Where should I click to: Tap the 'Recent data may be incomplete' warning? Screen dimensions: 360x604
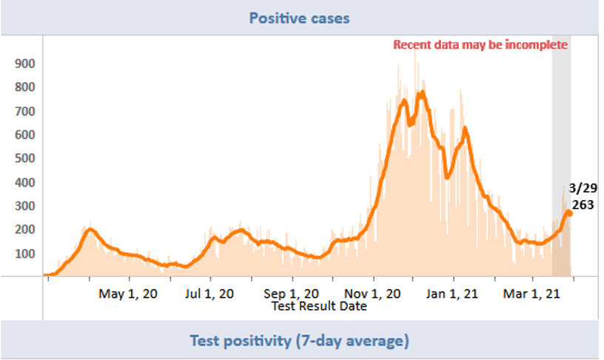click(480, 44)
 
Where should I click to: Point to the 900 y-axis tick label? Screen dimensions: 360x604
click(24, 64)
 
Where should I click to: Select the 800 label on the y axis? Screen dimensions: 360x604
click(24, 87)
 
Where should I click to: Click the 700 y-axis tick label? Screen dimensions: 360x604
click(24, 111)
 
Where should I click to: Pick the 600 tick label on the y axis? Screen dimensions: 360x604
click(24, 135)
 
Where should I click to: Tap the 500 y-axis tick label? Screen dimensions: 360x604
click(24, 159)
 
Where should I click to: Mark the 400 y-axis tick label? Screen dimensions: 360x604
click(24, 182)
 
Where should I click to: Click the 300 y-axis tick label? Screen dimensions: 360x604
click(24, 206)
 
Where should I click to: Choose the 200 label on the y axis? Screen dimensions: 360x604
click(24, 230)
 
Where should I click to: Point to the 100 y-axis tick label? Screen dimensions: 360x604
click(24, 253)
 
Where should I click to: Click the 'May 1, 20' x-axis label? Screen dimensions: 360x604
click(128, 293)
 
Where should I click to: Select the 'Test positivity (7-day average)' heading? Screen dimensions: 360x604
click(299, 341)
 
